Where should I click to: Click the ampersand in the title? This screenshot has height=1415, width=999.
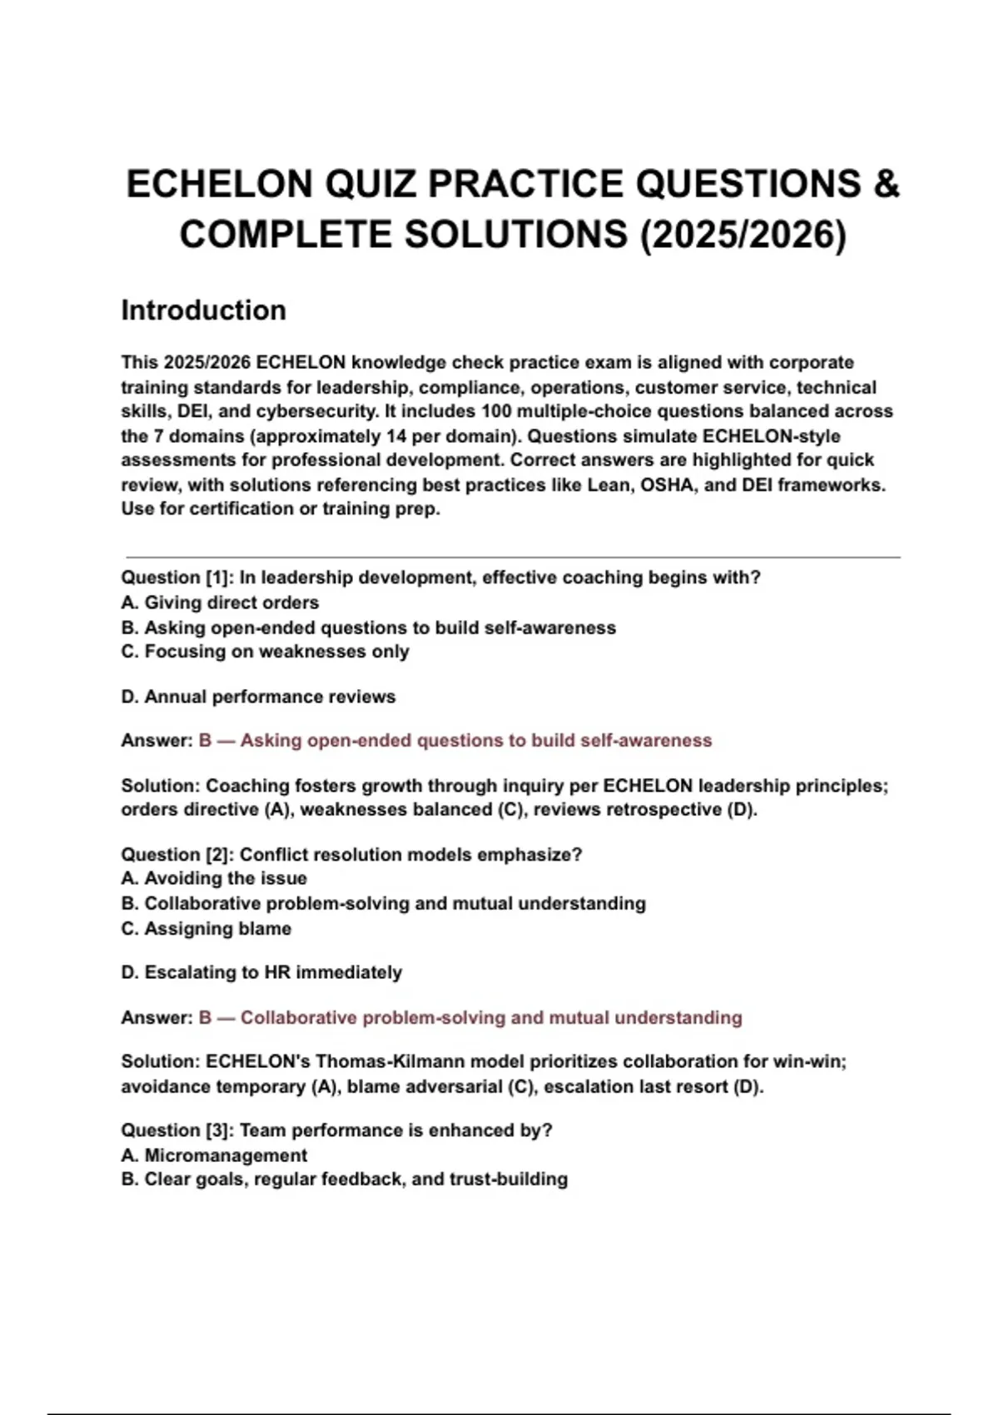887,184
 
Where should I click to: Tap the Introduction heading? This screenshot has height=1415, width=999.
204,310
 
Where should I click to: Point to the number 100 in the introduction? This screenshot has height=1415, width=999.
497,411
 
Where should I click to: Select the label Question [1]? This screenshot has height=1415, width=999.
177,578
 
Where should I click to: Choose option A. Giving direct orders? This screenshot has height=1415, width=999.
220,603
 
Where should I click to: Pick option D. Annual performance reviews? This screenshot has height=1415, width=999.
258,697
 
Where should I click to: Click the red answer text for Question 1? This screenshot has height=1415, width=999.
455,741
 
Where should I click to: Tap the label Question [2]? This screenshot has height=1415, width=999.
177,855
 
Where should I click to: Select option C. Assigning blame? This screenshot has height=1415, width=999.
206,929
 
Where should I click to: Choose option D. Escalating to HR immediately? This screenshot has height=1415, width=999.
261,972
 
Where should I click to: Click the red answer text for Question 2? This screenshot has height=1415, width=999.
470,1017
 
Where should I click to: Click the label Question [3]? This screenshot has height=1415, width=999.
177,1130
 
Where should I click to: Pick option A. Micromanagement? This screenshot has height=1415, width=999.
214,1155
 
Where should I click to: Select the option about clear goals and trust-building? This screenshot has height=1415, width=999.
345,1179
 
